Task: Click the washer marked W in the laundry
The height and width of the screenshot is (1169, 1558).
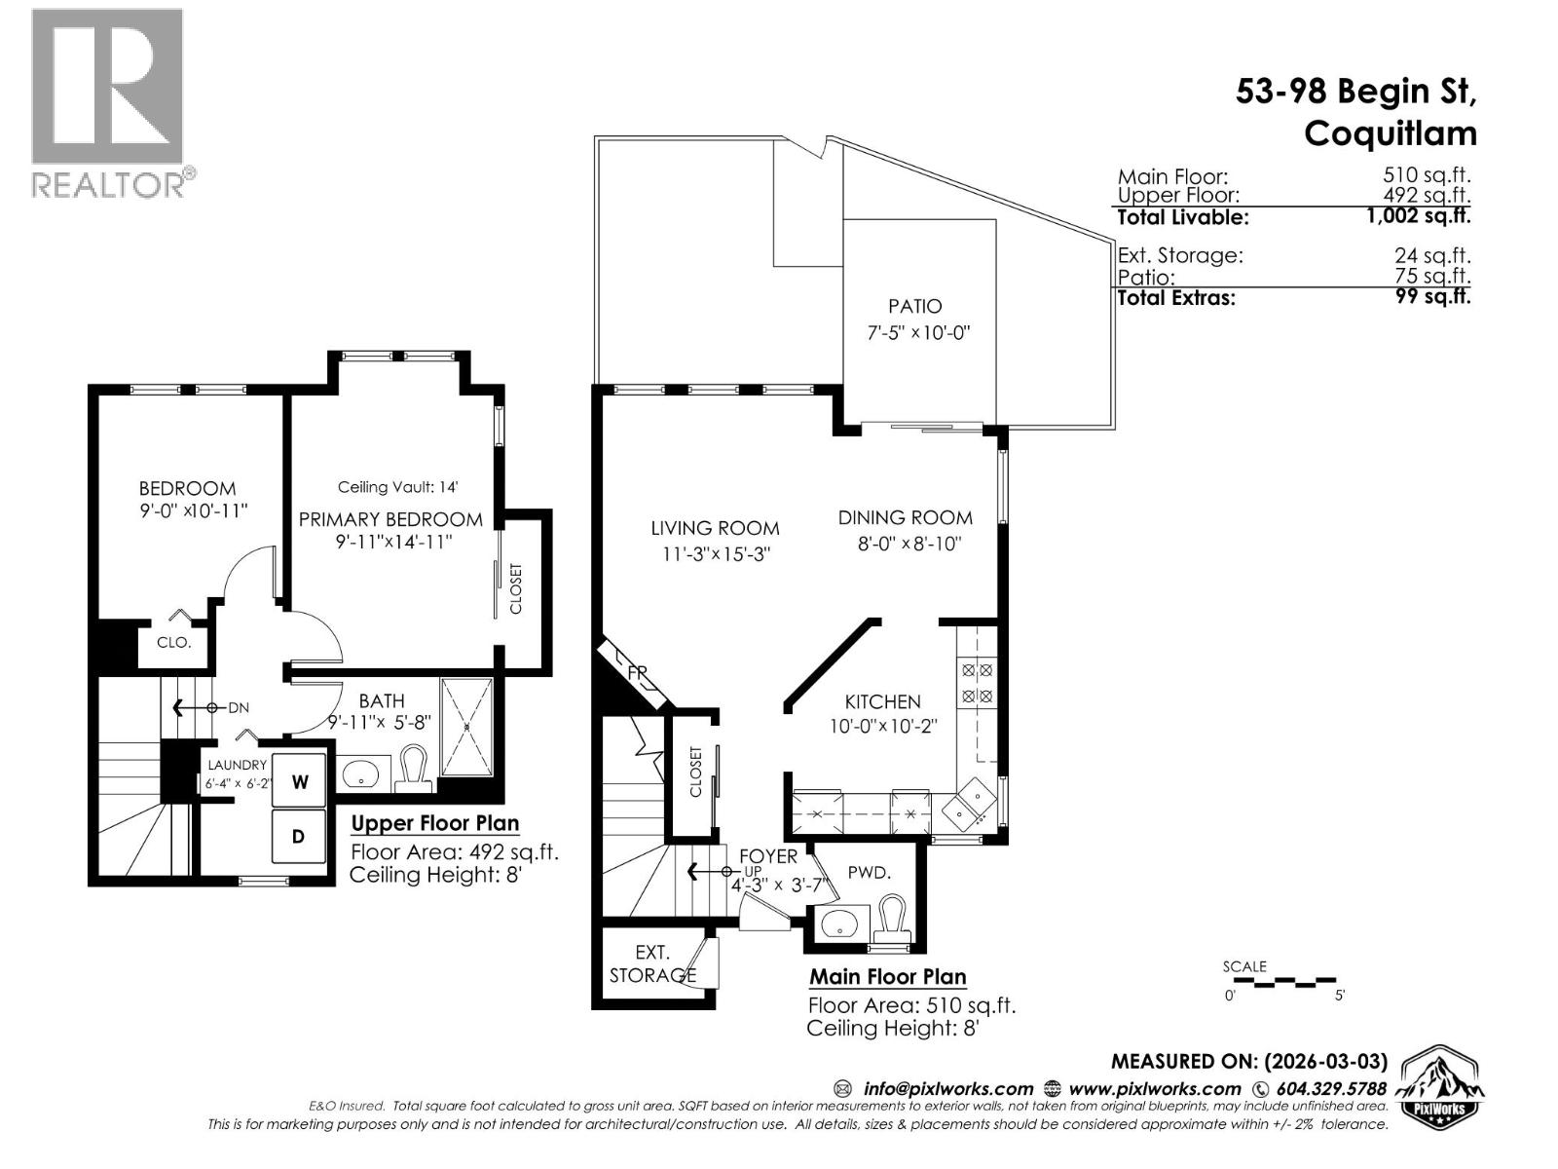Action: [300, 781]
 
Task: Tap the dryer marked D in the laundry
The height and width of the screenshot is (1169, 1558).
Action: [300, 836]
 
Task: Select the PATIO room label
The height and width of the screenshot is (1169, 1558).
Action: [914, 306]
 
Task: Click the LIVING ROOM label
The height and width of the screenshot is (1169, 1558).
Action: [715, 528]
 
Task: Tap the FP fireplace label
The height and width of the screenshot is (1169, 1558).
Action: [638, 673]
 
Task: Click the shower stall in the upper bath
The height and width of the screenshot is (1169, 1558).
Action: [466, 726]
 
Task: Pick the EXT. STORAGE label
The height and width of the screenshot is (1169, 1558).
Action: [652, 963]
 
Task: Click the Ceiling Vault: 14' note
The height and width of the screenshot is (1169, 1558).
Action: [397, 487]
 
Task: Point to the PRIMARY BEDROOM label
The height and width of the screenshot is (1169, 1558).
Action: [390, 519]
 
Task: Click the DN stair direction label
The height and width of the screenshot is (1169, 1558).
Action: [239, 708]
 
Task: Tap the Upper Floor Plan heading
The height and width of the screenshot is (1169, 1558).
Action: [434, 823]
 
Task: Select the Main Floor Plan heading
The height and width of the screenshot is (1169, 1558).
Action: [887, 976]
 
